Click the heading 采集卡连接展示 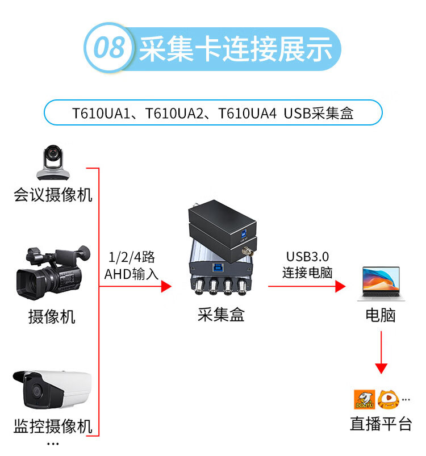[235, 49]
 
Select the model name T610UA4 [248, 113]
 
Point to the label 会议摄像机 [53, 195]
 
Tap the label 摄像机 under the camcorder [52, 316]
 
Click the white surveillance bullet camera [51, 390]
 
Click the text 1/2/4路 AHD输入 [132, 265]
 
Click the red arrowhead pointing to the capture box [166, 286]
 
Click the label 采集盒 [220, 315]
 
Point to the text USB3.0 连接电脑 [307, 265]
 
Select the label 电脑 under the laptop [380, 315]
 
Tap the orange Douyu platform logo [363, 399]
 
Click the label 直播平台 [381, 424]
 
